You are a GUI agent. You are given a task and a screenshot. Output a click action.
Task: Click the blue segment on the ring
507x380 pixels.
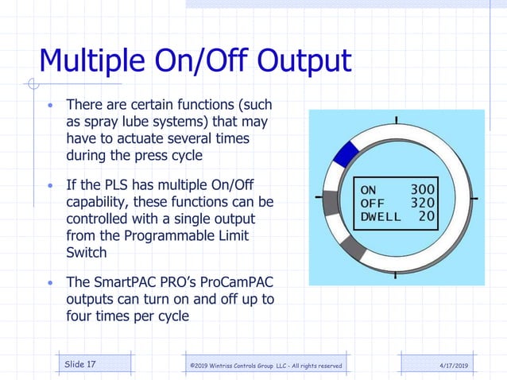click(346, 153)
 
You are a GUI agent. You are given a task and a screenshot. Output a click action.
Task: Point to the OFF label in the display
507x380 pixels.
click(373, 203)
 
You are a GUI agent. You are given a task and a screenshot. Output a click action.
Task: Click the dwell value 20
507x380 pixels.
click(426, 215)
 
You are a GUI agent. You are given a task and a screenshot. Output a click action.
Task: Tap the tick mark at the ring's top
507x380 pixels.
click(395, 120)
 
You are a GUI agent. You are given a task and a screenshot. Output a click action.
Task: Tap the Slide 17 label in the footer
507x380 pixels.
click(80, 364)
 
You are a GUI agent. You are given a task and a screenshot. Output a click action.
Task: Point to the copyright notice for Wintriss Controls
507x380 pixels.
click(266, 365)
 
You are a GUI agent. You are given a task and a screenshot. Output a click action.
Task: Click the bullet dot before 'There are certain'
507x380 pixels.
click(52, 106)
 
